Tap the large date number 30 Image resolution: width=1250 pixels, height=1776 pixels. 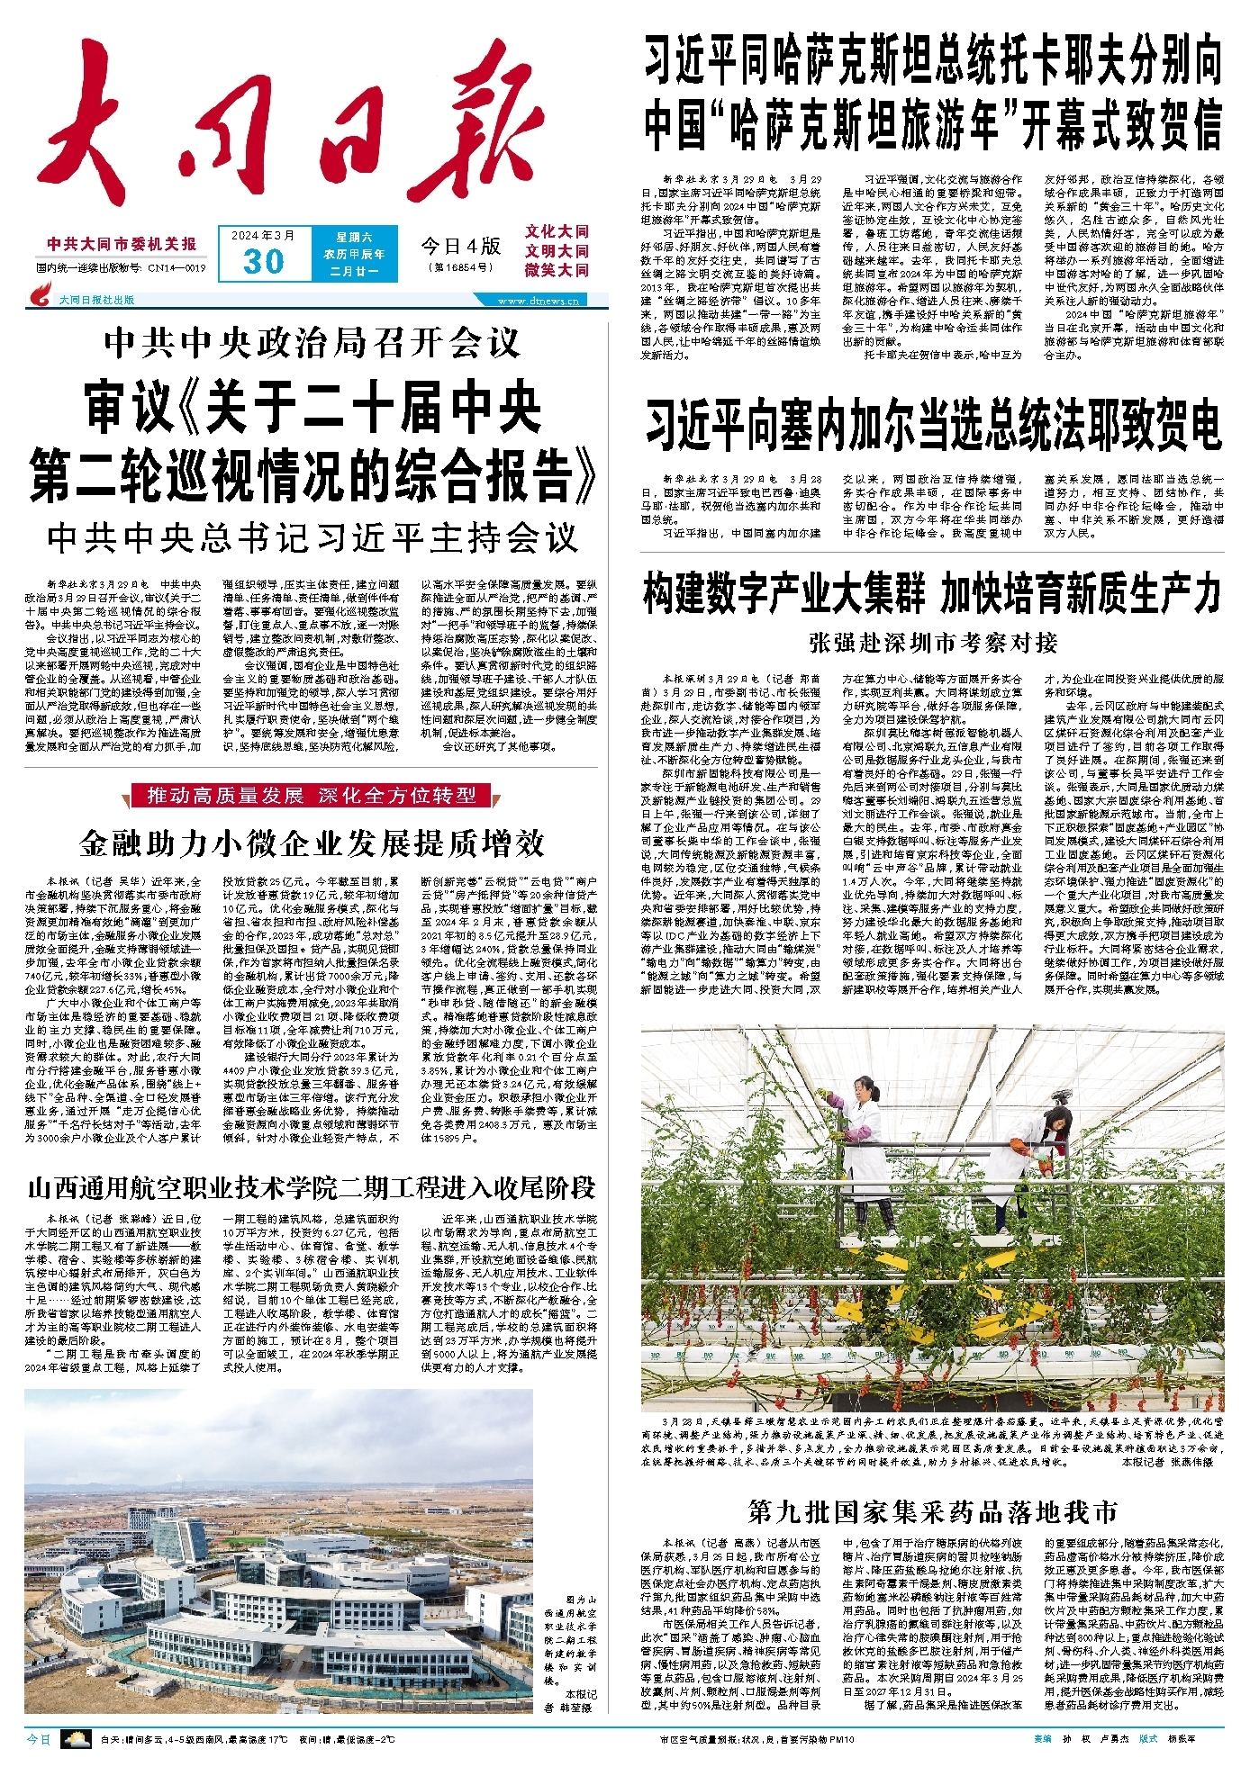click(264, 262)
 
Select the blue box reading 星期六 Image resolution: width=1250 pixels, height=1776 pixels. click(354, 238)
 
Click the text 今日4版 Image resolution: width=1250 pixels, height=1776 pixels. click(460, 246)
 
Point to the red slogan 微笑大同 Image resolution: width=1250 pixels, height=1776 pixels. click(557, 270)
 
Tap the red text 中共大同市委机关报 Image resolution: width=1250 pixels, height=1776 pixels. click(122, 244)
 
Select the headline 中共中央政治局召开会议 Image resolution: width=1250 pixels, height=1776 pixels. click(312, 343)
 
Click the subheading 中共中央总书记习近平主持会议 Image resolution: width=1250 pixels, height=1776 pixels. click(312, 538)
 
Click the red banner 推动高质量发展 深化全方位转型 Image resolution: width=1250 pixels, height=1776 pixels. click(312, 796)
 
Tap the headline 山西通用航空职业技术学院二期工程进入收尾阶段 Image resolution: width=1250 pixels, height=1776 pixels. click(312, 1187)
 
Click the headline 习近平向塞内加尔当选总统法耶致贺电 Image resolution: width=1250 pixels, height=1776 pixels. click(933, 426)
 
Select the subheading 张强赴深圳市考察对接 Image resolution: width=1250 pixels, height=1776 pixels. click(933, 643)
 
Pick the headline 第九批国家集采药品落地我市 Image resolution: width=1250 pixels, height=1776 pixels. click(933, 1511)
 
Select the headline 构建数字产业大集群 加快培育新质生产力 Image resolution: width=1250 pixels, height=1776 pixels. click(933, 594)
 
